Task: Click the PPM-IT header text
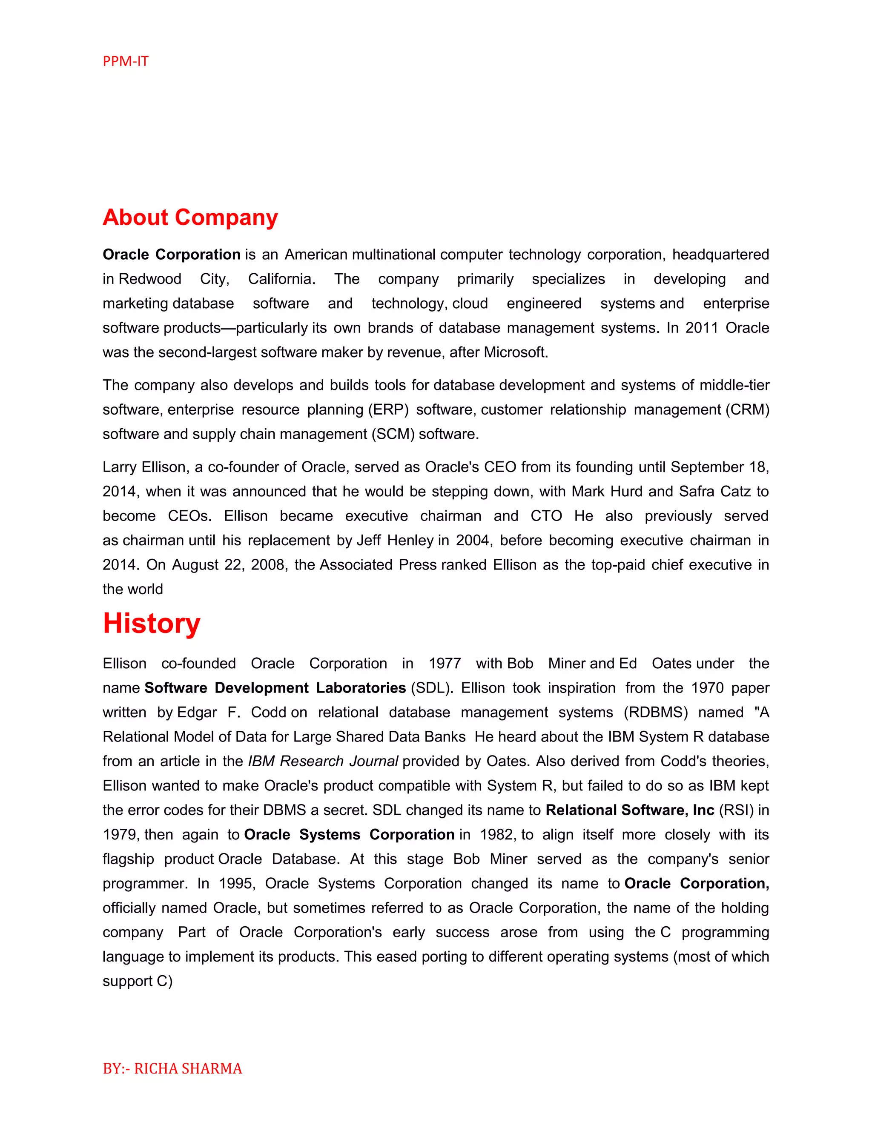(x=126, y=61)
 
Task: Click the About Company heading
(x=190, y=218)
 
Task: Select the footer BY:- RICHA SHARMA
(x=172, y=1068)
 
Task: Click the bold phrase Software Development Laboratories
(x=275, y=688)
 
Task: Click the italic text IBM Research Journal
(x=323, y=762)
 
